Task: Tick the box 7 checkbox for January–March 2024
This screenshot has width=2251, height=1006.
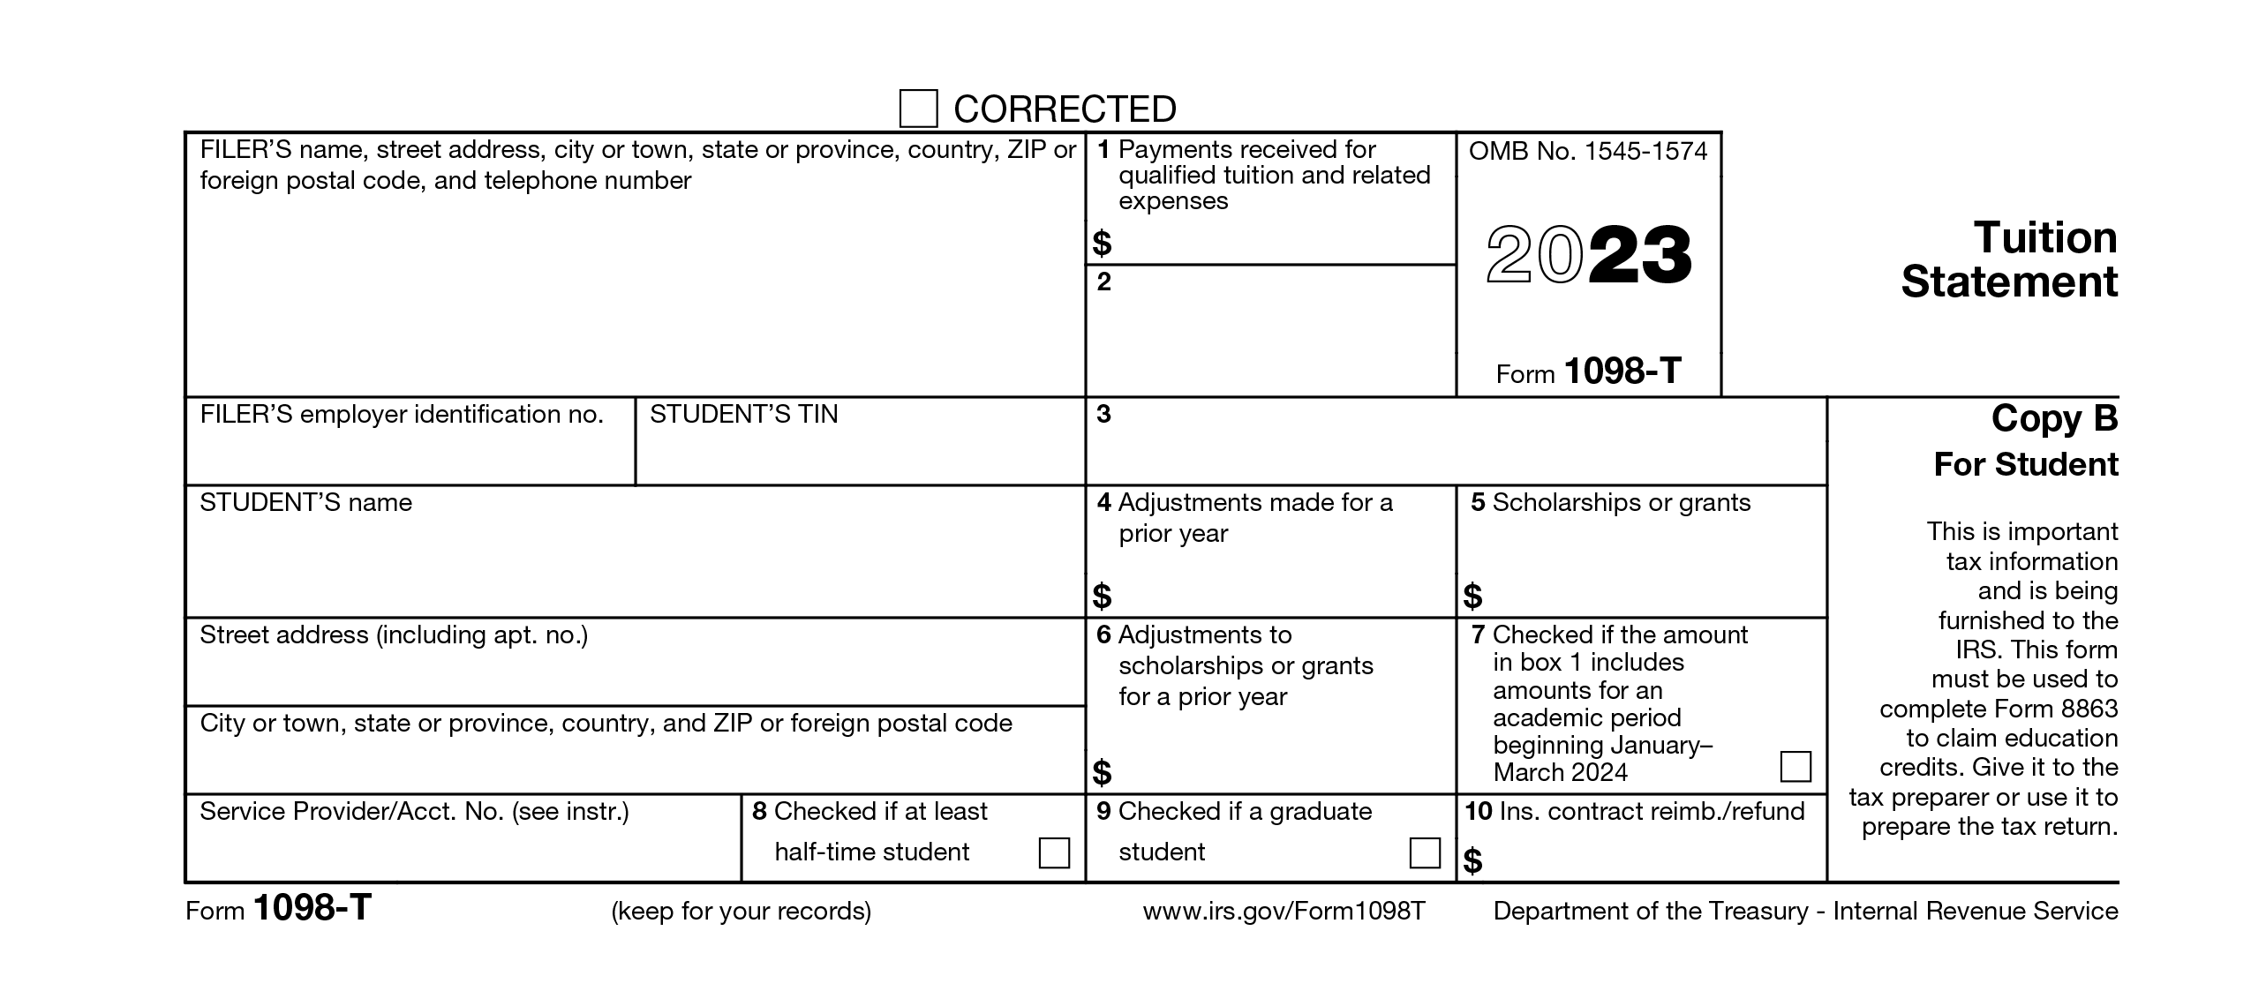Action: [1796, 766]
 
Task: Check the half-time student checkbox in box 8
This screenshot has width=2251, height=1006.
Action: [1054, 852]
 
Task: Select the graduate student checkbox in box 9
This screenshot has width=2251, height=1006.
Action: [1425, 852]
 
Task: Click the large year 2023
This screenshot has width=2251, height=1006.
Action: [1589, 256]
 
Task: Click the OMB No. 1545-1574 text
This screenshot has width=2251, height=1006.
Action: [1588, 151]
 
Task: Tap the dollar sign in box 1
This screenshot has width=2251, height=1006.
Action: [1102, 243]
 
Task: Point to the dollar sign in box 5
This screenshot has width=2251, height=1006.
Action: [1472, 597]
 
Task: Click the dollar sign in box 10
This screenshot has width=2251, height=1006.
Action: [1472, 860]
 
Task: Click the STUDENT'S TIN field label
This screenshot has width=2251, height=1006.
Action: [743, 415]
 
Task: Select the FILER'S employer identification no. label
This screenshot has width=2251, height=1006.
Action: [402, 415]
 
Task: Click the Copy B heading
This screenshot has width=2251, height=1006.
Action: [2054, 418]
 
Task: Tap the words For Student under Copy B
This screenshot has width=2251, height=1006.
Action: [2025, 464]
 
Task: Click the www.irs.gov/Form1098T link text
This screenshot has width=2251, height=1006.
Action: [1284, 911]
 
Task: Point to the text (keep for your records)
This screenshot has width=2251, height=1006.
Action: [741, 911]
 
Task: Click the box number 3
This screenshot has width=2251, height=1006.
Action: [1103, 414]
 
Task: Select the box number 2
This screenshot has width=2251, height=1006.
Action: [1103, 282]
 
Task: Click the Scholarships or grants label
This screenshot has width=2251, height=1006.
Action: [1621, 503]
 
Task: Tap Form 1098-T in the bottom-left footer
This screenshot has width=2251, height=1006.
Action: [279, 909]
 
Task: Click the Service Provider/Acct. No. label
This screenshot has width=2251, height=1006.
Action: [414, 812]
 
